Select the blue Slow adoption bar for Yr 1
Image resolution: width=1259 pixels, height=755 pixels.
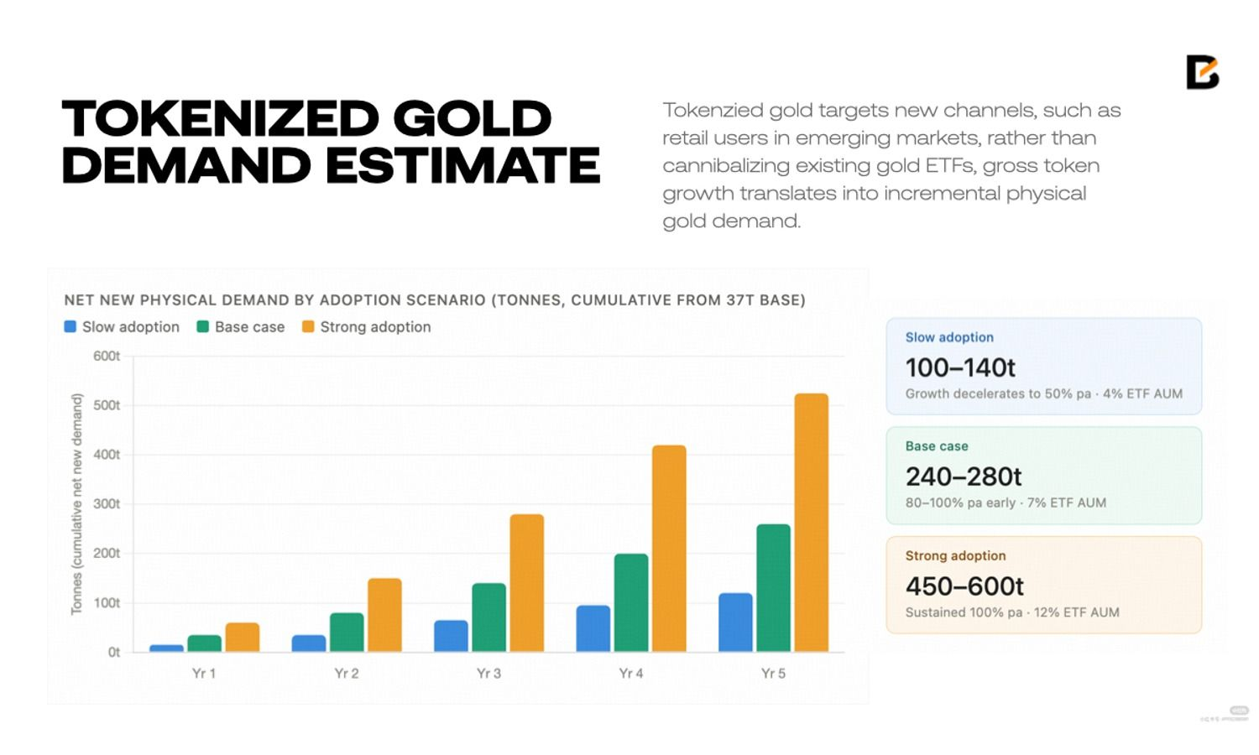point(166,648)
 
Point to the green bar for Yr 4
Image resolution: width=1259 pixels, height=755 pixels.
point(631,602)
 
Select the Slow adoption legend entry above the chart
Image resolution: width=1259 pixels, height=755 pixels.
point(122,327)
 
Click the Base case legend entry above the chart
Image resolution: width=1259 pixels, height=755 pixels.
point(241,327)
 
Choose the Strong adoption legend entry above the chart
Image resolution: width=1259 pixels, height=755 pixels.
point(367,327)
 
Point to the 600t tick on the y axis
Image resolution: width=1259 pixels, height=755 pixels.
point(107,357)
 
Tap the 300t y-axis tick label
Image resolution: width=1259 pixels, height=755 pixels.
point(107,504)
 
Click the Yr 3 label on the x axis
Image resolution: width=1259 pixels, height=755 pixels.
point(488,674)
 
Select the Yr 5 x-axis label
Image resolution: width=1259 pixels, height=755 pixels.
point(773,674)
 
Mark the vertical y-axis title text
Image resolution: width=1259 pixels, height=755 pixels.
point(76,503)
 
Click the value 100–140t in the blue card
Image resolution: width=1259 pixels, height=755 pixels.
point(960,367)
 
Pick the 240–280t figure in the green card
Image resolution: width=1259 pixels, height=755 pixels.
point(963,476)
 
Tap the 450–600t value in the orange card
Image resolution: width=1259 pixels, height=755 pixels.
point(964,586)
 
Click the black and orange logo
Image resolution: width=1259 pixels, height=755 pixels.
point(1202,72)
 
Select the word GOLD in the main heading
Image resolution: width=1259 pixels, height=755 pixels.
point(472,118)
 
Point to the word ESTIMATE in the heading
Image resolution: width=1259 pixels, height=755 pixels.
point(462,164)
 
